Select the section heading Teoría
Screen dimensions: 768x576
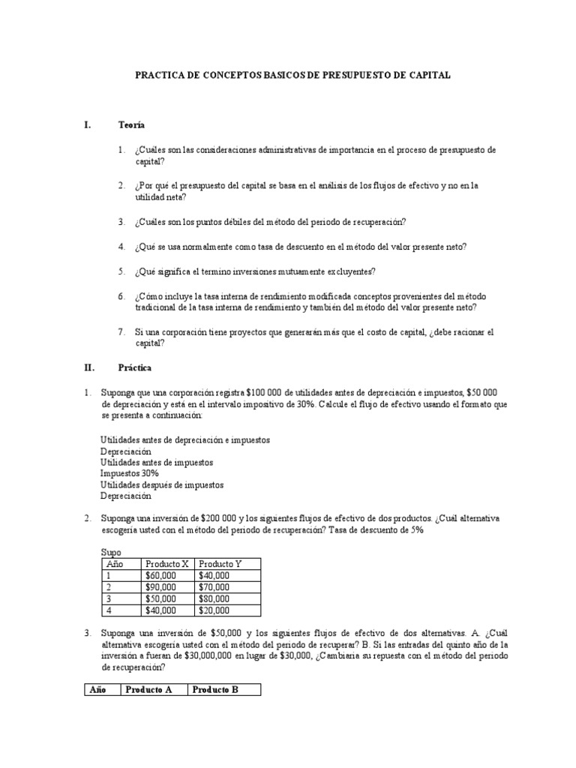tap(131, 124)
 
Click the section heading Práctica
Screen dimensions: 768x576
tap(135, 367)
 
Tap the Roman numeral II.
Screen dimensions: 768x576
tap(88, 367)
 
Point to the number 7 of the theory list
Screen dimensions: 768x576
tap(121, 331)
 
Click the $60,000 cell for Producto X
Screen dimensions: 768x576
tap(161, 575)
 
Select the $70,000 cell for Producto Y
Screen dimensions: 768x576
tap(214, 587)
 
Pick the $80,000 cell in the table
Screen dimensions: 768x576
tap(214, 599)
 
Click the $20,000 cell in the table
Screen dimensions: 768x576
tap(214, 611)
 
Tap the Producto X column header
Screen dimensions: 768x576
tap(167, 563)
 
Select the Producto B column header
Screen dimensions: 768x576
tap(215, 690)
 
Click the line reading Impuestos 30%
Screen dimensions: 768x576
tap(129, 473)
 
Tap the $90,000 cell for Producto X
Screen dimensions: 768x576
tap(161, 587)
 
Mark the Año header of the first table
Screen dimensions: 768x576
tap(112, 563)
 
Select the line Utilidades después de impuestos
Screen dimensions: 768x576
tap(161, 484)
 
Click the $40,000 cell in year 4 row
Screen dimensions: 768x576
tap(161, 611)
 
